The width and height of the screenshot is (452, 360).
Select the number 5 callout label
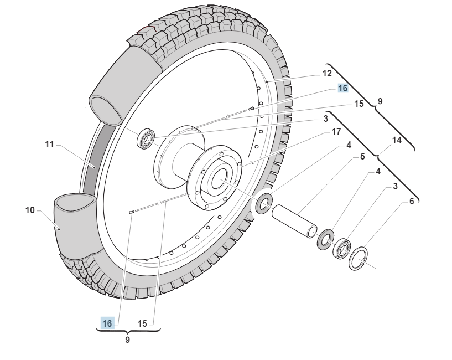pyautogui.click(x=362, y=157)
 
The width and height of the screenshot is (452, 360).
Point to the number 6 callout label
pyautogui.click(x=411, y=202)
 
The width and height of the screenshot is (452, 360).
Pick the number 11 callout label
pyautogui.click(x=49, y=144)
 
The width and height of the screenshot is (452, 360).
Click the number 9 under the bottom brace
pyautogui.click(x=127, y=340)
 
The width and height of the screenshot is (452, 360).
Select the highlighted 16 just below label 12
pyautogui.click(x=343, y=89)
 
